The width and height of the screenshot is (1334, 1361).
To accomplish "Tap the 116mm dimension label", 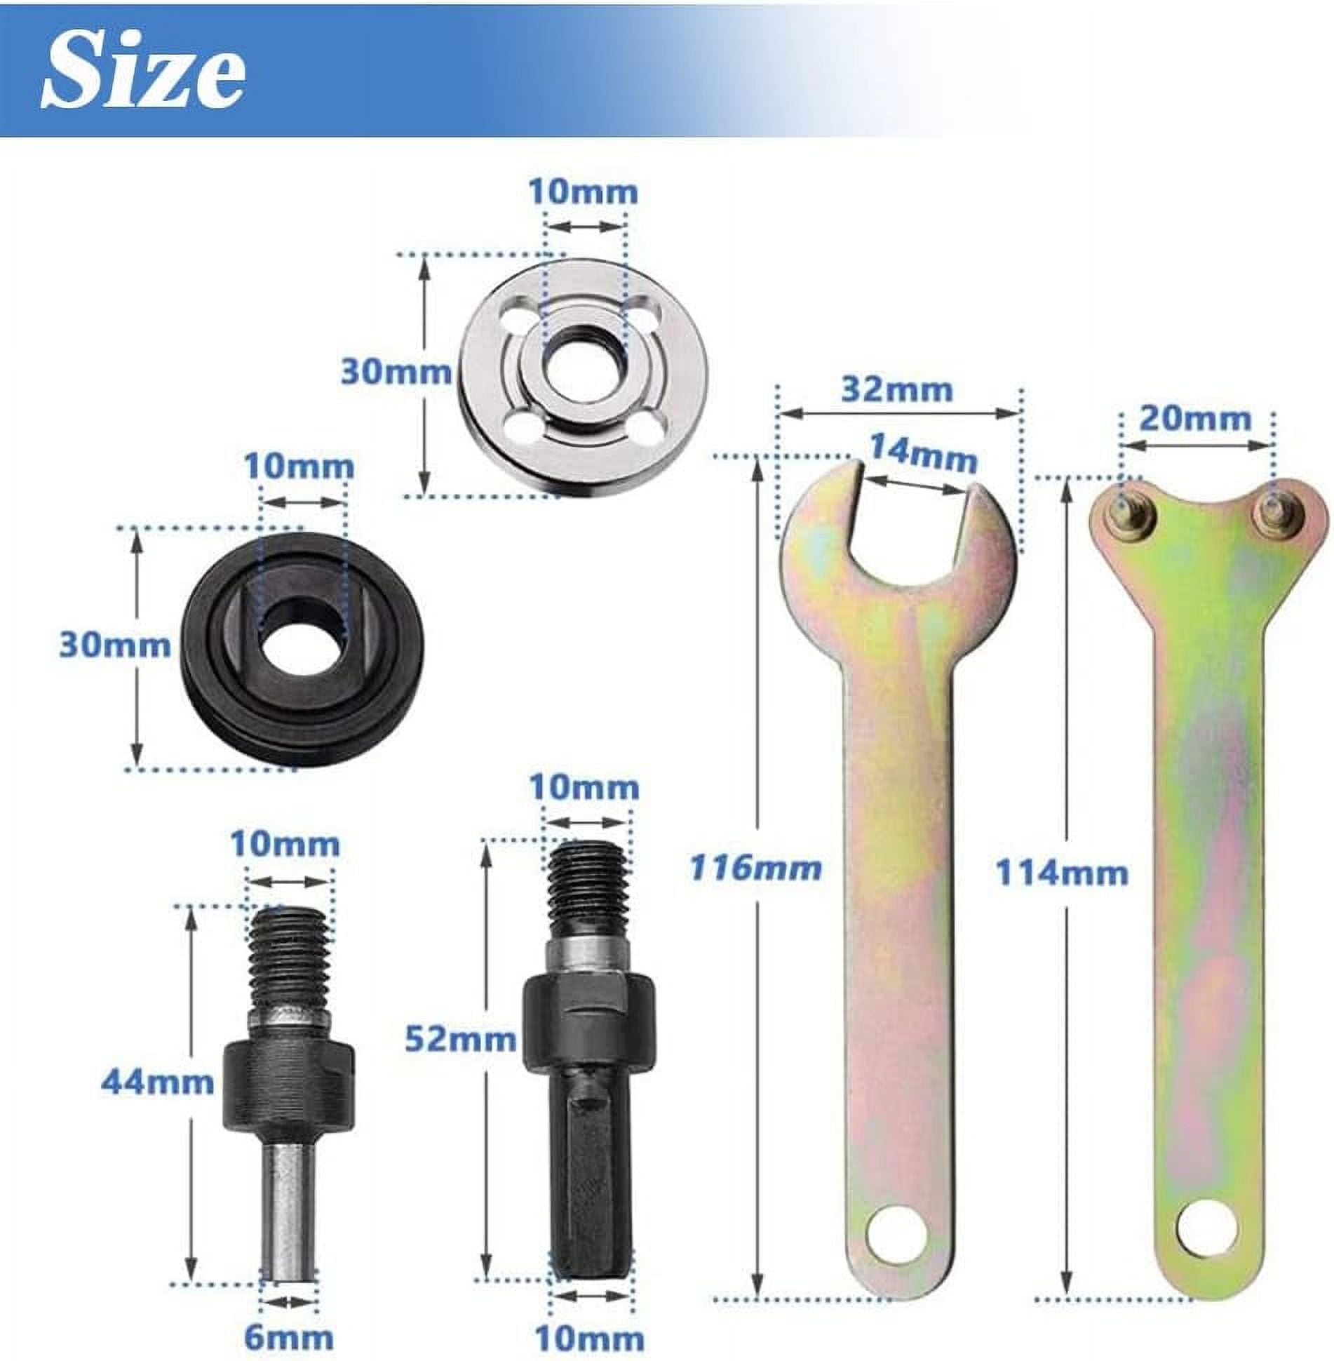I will point(755,869).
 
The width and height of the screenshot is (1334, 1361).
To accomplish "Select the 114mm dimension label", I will point(1062,874).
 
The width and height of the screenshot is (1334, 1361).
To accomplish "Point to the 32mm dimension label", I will point(897,390).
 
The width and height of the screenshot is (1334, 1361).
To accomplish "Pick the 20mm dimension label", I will point(1195,420).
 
